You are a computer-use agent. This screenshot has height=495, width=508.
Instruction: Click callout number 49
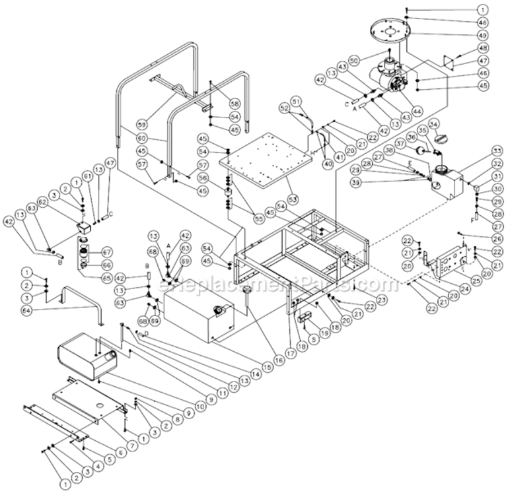click(x=483, y=35)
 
